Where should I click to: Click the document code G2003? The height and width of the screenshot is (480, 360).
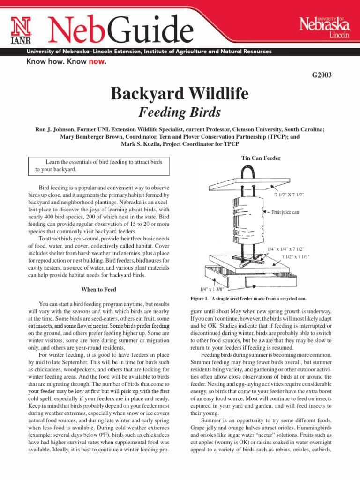(322, 75)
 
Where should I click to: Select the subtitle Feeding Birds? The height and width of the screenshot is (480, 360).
(180, 113)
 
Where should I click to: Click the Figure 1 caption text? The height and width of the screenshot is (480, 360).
(248, 299)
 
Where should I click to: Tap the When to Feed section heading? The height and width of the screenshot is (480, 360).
(98, 289)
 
